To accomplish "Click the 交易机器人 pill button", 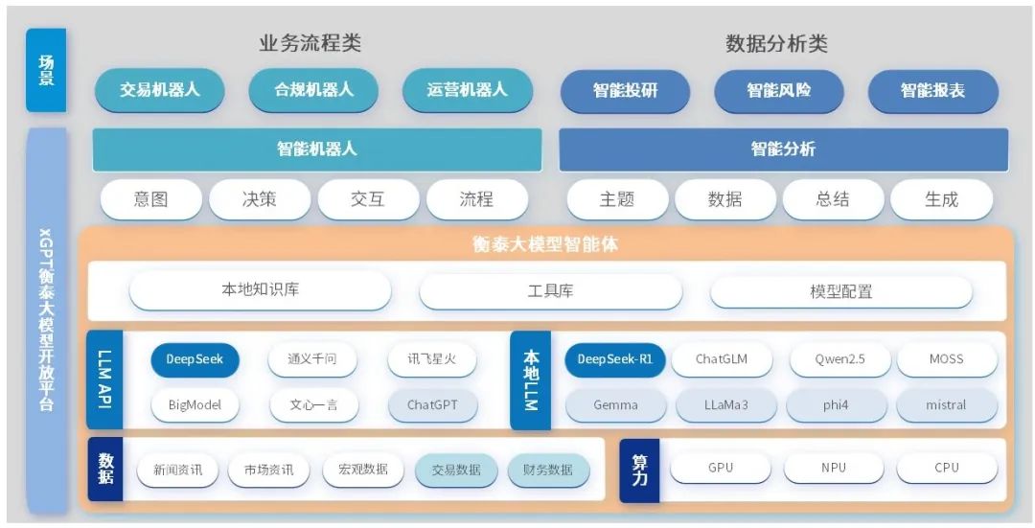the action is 160,90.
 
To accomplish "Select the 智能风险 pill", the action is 779,91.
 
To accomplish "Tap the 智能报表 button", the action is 932,91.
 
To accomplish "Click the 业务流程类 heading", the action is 310,43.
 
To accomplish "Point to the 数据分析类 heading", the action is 776,44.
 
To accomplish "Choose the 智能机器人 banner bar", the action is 317,149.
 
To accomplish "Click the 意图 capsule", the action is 151,199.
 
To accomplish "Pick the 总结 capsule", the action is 833,199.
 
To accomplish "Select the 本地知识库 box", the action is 260,290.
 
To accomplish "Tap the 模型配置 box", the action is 841,291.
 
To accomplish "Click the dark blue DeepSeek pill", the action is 195,359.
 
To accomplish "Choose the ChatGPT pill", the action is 432,405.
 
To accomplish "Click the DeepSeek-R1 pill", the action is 614,359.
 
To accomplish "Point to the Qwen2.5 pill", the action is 840,359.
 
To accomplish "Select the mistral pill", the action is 947,405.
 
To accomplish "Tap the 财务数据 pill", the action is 548,471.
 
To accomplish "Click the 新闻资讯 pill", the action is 177,471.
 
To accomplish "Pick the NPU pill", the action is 834,468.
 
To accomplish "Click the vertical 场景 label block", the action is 46,70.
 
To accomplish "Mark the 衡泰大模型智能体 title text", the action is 546,245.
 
